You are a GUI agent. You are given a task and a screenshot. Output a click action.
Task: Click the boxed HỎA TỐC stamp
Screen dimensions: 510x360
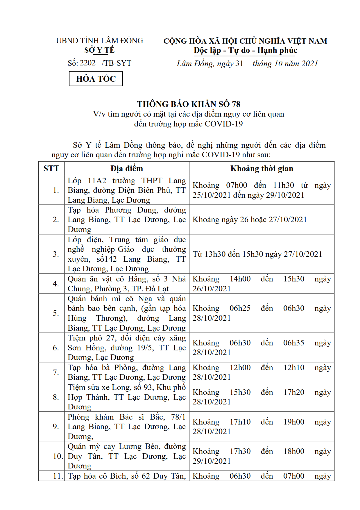(96, 79)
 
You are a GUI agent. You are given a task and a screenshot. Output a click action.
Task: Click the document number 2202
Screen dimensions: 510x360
(87, 63)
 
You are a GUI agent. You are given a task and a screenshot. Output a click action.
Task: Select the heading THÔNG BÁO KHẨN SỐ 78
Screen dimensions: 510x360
(189, 104)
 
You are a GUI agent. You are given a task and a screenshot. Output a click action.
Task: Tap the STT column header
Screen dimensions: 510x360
(51, 169)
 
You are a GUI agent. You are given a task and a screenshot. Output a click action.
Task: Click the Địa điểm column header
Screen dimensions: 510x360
(127, 169)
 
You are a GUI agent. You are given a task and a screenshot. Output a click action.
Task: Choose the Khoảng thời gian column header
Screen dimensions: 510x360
(262, 169)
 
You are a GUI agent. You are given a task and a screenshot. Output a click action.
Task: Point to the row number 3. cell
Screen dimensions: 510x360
(56, 254)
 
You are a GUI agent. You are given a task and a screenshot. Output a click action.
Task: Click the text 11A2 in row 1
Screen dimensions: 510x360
(97, 181)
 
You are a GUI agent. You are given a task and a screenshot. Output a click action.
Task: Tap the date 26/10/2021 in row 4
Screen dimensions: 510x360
(212, 289)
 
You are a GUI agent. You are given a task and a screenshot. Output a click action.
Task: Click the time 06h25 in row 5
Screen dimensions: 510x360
(240, 308)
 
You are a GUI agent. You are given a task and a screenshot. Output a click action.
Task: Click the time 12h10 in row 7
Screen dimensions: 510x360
(294, 368)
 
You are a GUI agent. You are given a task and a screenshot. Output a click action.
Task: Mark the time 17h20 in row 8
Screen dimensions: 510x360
(294, 392)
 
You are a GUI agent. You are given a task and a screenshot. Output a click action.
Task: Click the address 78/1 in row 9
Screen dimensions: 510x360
(178, 417)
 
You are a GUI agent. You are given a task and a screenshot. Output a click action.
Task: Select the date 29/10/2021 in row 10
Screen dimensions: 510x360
(212, 461)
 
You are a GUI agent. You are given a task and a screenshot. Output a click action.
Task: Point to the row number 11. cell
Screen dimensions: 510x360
(58, 476)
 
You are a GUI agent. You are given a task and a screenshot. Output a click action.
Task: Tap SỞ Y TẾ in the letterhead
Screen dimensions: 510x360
(99, 50)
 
